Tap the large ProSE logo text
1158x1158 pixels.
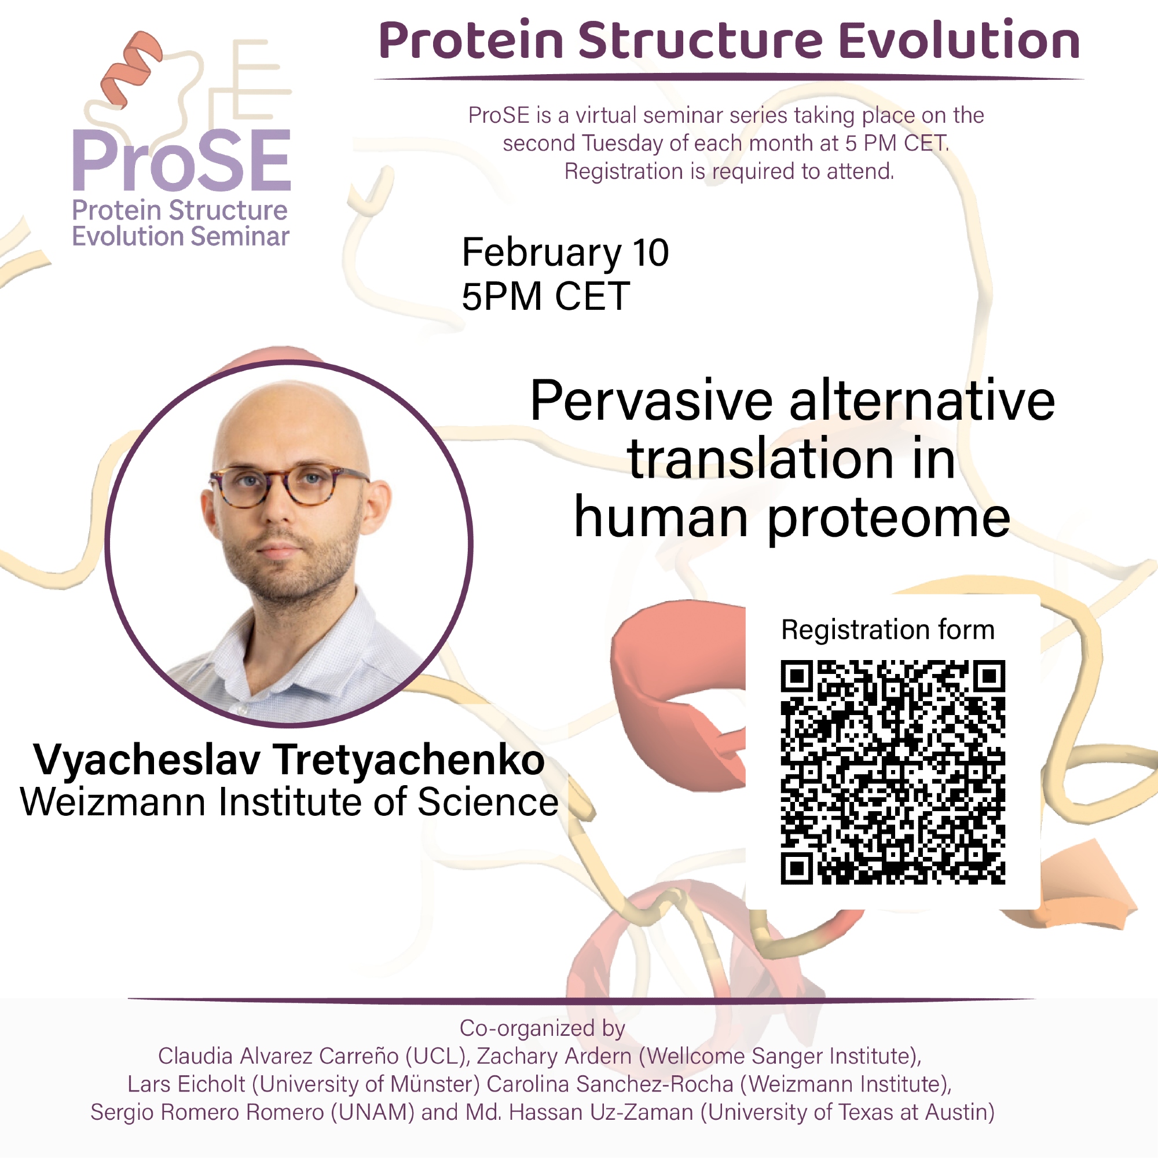pos(182,161)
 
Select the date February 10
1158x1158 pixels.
pos(565,252)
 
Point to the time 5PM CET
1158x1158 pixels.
pos(545,296)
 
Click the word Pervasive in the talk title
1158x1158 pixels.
pos(651,401)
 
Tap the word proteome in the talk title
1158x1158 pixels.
pos(889,519)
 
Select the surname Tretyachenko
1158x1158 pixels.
pos(410,760)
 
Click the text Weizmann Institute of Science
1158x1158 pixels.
pos(289,802)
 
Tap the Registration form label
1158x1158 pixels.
pos(888,630)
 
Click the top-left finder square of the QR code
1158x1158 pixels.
pos(797,676)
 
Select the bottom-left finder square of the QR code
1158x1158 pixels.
pos(797,868)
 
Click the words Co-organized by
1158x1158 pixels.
pos(543,1028)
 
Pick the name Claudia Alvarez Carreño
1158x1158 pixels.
pos(278,1056)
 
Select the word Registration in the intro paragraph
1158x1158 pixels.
pos(624,171)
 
